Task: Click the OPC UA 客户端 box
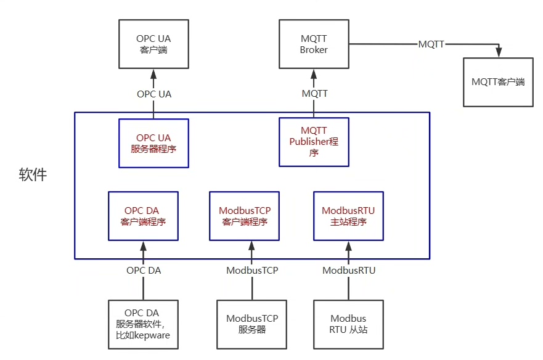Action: (153, 44)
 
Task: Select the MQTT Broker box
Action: (314, 44)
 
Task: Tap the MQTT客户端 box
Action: (498, 81)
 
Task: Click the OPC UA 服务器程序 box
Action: (153, 143)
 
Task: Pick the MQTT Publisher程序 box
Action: (314, 142)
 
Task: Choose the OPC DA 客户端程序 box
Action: (143, 216)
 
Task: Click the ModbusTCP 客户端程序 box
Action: (245, 216)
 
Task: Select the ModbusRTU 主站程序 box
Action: (348, 216)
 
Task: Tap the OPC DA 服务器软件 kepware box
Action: (143, 324)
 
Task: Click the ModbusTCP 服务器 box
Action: (251, 324)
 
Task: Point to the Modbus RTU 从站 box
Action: (348, 324)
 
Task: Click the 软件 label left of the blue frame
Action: (33, 175)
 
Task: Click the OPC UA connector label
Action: (154, 94)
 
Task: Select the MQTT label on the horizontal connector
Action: (431, 44)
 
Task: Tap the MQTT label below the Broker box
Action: (314, 94)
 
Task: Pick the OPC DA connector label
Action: (144, 270)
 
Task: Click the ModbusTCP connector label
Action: (252, 270)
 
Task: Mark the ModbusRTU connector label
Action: (349, 270)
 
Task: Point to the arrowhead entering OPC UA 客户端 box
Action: (153, 73)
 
